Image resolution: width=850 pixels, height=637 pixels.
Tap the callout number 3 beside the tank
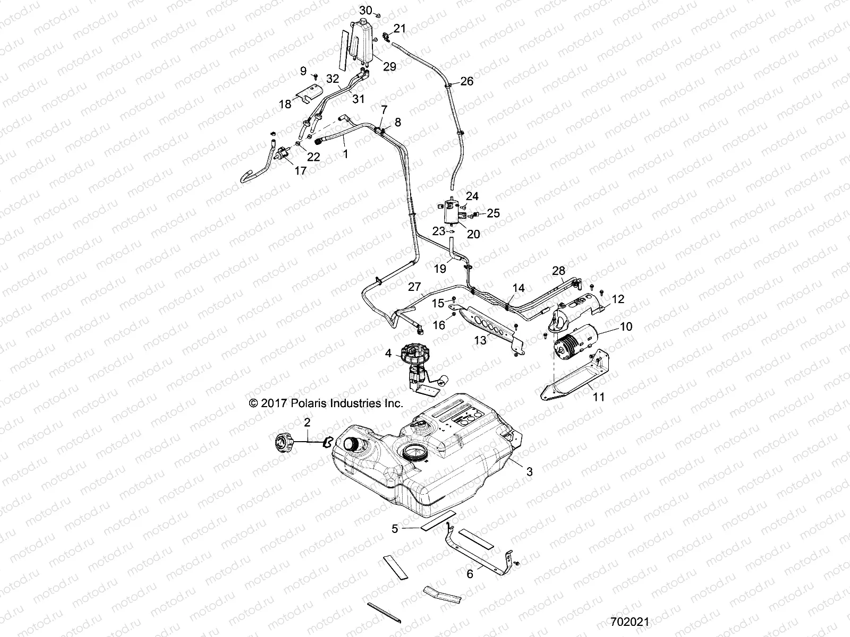(529, 471)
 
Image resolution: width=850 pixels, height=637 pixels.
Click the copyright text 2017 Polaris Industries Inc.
(326, 403)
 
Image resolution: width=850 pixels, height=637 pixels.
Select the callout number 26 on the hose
(466, 81)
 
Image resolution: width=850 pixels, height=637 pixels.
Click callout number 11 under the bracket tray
(599, 397)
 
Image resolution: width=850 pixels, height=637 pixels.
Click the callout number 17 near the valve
(300, 171)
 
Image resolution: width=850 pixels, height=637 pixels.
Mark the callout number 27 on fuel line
(414, 287)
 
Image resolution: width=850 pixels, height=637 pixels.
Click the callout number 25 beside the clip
(493, 213)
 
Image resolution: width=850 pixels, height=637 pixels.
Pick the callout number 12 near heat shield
(618, 299)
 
